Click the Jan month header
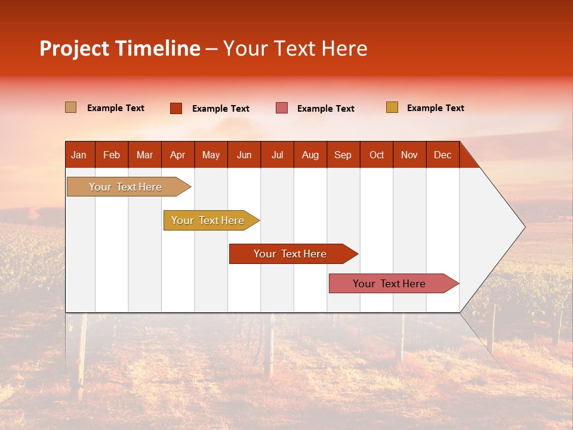[79, 155]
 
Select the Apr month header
[178, 155]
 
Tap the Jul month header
[277, 155]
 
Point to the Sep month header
[343, 155]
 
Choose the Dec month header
[442, 155]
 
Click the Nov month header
[409, 155]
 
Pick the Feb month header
[112, 155]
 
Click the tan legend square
[71, 107]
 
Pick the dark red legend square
[176, 108]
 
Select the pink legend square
[282, 108]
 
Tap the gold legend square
[392, 107]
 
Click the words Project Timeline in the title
[120, 48]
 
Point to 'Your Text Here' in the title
[295, 48]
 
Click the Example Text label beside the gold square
[435, 108]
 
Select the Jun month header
[244, 155]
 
